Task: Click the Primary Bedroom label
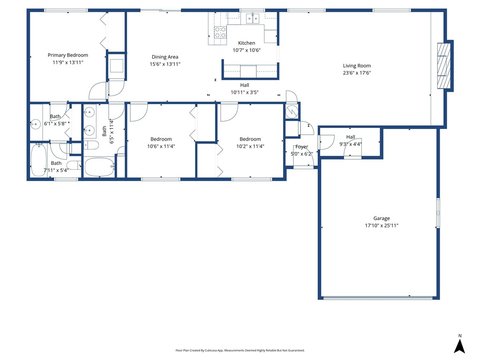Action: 67,55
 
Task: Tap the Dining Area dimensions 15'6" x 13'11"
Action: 165,64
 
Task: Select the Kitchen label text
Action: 247,43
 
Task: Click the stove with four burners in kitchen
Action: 220,32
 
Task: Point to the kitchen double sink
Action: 253,19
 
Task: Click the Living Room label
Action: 357,66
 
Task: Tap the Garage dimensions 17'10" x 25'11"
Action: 381,225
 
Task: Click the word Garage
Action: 381,218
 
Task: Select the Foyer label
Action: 301,147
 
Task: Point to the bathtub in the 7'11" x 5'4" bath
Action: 38,160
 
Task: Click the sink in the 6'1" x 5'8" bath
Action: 35,125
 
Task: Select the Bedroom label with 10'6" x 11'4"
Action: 161,139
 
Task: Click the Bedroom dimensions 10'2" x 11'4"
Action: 250,146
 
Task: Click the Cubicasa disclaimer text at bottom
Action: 240,350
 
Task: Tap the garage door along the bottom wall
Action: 378,297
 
